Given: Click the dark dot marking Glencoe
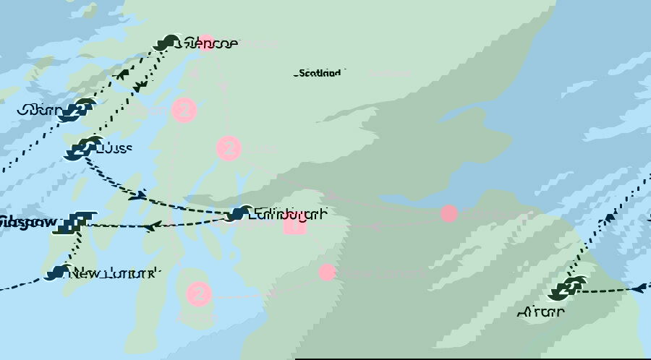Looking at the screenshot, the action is pyautogui.click(x=169, y=43).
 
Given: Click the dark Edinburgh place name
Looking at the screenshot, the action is pyautogui.click(x=287, y=214).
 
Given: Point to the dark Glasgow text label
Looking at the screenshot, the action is pyautogui.click(x=29, y=222).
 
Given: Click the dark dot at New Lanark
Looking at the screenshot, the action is pyautogui.click(x=57, y=273).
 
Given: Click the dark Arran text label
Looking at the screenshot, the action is pyautogui.click(x=540, y=312).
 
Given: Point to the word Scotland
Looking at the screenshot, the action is pyautogui.click(x=318, y=73).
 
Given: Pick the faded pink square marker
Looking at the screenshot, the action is pyautogui.click(x=294, y=225).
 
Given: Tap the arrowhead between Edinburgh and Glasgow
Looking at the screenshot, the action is pyautogui.click(x=151, y=226).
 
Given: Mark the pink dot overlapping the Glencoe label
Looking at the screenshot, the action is pyautogui.click(x=206, y=43).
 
